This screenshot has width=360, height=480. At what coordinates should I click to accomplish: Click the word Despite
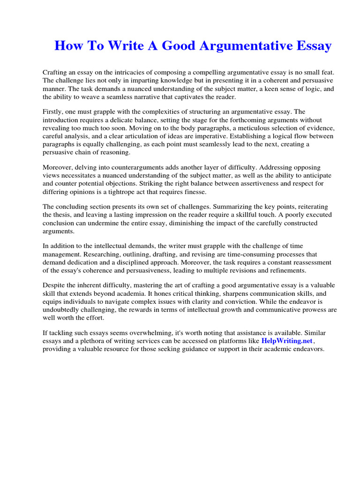[55, 285]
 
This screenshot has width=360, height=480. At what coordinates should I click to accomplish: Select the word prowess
[310, 310]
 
